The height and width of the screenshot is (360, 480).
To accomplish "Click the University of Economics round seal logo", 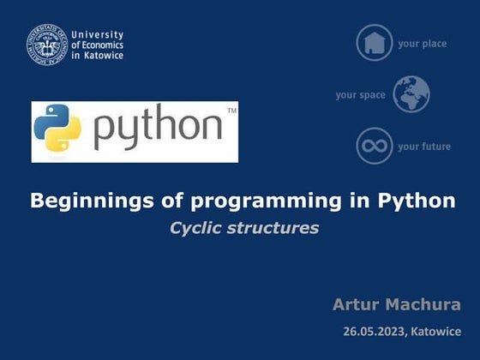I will coord(46,45).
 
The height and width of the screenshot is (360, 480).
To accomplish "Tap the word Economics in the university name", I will coord(102,45).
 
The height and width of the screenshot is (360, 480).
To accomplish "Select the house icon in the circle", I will coord(375,43).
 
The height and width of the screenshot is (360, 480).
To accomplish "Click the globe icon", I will coord(411,94).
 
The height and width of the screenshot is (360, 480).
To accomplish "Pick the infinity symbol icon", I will coord(375,146).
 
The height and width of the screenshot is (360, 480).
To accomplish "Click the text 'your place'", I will coord(422,44).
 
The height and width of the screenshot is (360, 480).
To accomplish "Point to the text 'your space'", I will coord(360,95).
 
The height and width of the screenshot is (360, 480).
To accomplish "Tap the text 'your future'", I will coord(423,147).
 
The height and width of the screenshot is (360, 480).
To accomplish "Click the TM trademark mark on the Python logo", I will coord(231,111).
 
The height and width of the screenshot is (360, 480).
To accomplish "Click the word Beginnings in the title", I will coord(83,202).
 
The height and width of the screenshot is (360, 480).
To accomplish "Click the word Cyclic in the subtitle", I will coord(196,228).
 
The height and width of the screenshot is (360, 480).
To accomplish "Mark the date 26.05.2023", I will coord(374,331).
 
